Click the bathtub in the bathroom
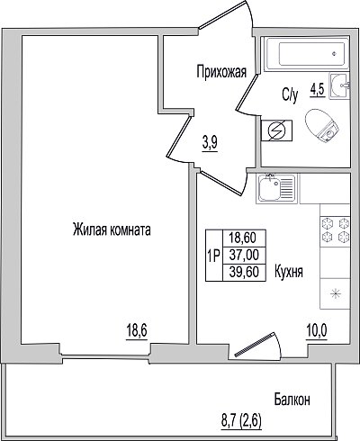[307, 54]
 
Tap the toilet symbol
[321, 126]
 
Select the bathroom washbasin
[339, 85]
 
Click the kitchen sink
[276, 189]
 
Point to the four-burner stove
[335, 230]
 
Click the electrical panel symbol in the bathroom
[276, 130]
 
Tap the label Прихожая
[221, 72]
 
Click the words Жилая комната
[112, 230]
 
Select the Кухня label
[289, 272]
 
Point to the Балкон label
[292, 400]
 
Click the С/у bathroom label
[290, 95]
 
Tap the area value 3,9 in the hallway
[210, 143]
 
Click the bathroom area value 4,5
[318, 90]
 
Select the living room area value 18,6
[137, 331]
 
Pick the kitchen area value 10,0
[317, 330]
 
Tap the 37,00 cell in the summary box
[244, 256]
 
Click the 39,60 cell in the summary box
[244, 273]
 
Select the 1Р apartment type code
[214, 256]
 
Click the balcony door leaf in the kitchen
[255, 344]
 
